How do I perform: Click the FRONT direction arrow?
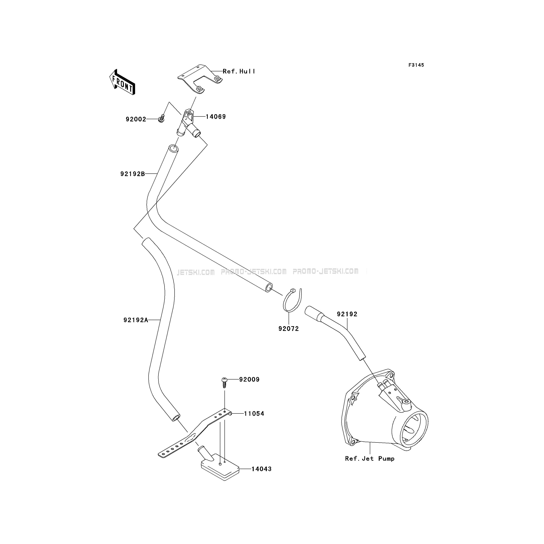coord(122,82)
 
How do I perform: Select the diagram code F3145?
coord(416,65)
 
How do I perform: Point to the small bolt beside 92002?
coord(162,119)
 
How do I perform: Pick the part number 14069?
coord(216,117)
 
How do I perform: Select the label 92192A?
coord(136,320)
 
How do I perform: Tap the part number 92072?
coord(289,329)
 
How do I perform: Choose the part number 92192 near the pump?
coord(347,314)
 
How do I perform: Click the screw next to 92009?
coord(224,382)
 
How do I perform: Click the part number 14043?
coord(261,469)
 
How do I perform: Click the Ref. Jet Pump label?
coord(370,458)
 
